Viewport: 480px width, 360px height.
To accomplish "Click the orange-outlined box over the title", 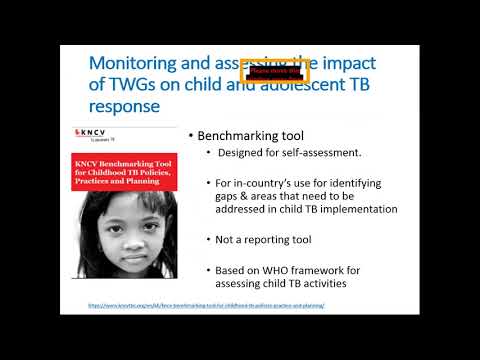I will pos(274,72).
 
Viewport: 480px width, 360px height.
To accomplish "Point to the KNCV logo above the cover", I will pos(96,131).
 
